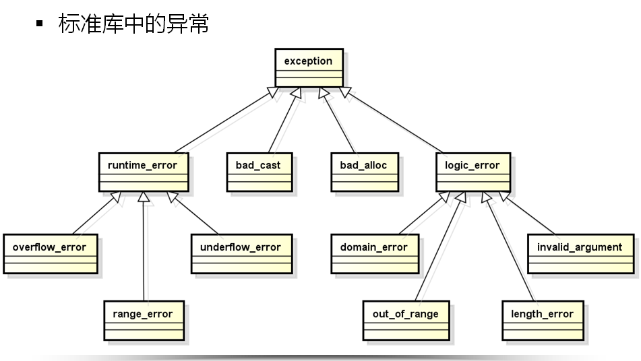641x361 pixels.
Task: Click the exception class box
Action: (x=309, y=67)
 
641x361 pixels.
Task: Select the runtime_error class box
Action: (x=142, y=172)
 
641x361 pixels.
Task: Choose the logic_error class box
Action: (x=472, y=172)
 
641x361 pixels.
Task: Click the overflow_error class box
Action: (x=50, y=254)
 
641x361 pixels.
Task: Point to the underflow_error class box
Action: (x=241, y=254)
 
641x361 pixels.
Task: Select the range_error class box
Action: (x=143, y=321)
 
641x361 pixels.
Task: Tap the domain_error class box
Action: (x=374, y=254)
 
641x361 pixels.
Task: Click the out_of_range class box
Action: (x=406, y=321)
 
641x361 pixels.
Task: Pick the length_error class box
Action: (x=542, y=321)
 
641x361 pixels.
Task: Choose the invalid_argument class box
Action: (x=580, y=254)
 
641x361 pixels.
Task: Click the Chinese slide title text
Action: (x=133, y=24)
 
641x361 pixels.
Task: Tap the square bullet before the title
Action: (x=40, y=24)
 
